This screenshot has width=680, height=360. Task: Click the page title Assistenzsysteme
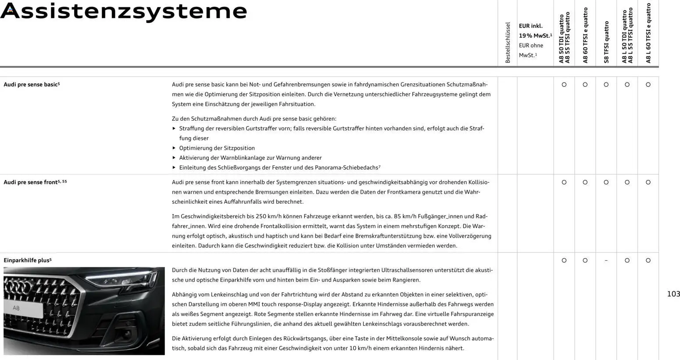(x=124, y=11)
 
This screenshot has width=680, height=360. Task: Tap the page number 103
(x=673, y=294)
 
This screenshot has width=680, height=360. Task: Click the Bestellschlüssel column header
(x=508, y=43)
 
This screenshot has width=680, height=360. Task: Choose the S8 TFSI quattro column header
(x=606, y=42)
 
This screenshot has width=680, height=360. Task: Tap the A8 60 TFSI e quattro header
(x=585, y=35)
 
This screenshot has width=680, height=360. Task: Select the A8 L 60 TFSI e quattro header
(x=648, y=33)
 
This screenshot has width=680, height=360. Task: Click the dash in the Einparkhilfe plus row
(x=606, y=261)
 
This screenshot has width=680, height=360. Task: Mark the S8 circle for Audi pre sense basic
(x=606, y=85)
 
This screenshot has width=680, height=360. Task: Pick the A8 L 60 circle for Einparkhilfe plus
(x=648, y=261)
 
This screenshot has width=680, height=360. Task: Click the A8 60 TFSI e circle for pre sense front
(x=585, y=183)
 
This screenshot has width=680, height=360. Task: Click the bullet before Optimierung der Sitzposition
(x=174, y=148)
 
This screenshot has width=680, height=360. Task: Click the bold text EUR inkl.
(x=530, y=26)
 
